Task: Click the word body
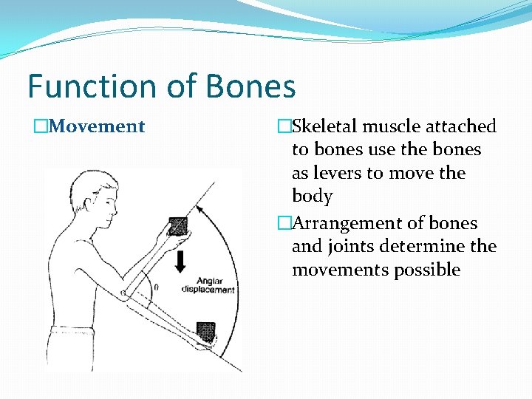point(312,197)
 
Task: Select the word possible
point(426,270)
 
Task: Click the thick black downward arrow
point(180,261)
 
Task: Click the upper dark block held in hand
point(178,225)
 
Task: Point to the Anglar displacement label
point(208,285)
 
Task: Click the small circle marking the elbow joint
point(125,293)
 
